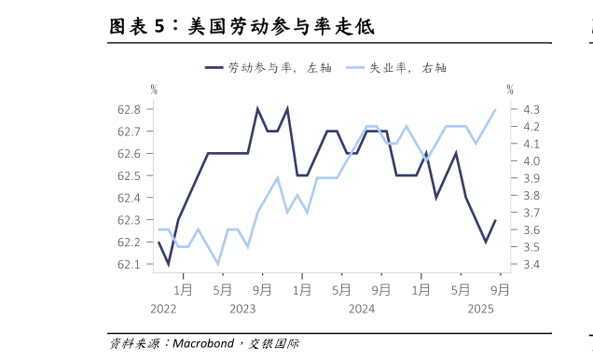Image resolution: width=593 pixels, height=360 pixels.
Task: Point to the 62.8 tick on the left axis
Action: tap(130, 109)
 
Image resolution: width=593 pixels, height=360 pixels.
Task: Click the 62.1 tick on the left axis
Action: tap(130, 264)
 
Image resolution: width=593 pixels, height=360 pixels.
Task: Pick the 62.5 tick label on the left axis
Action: tap(130, 175)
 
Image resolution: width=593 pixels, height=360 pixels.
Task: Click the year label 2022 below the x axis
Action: tap(163, 309)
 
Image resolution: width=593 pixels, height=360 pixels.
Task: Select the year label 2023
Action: tap(242, 309)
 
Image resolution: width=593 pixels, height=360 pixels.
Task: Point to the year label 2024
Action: tap(362, 309)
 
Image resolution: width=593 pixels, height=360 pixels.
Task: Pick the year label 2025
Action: tap(480, 309)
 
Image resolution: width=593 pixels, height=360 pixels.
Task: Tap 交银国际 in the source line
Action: tap(274, 343)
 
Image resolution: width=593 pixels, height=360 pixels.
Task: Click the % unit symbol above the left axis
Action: tap(154, 90)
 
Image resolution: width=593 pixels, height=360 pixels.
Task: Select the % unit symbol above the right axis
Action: tap(510, 90)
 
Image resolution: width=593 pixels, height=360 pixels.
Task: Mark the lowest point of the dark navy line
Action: tap(169, 264)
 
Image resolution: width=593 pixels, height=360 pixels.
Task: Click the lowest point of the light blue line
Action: tap(218, 264)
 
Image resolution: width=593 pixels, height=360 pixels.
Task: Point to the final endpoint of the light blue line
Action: tap(495, 109)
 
